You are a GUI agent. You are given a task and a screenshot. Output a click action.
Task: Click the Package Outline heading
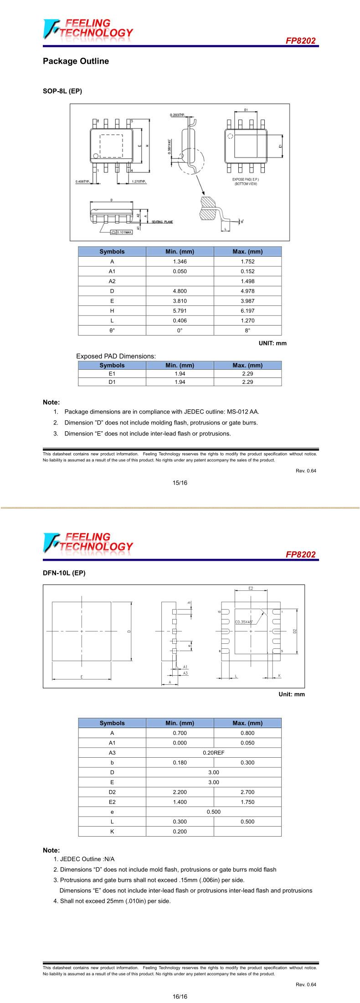tap(76, 61)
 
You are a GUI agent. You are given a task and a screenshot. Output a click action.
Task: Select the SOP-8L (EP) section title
tap(62, 91)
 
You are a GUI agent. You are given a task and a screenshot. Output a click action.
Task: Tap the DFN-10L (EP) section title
tap(64, 573)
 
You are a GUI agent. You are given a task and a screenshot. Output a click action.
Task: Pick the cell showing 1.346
tap(180, 262)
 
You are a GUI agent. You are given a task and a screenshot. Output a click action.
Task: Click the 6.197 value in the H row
tap(247, 311)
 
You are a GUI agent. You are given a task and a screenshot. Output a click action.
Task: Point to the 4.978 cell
tap(247, 291)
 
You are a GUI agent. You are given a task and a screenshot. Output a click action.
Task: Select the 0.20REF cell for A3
tap(213, 753)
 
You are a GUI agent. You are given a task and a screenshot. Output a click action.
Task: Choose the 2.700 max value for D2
tap(247, 792)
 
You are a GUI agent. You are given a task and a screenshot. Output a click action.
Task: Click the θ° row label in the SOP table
tap(112, 331)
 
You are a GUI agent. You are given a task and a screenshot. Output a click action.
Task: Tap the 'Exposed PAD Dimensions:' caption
tap(116, 356)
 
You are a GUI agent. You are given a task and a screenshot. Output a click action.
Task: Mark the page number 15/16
tap(180, 483)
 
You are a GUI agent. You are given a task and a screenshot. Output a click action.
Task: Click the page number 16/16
tap(180, 997)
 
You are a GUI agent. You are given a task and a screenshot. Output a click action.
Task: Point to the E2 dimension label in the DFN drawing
tap(251, 589)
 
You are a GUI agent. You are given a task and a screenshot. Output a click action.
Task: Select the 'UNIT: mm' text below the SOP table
tap(273, 343)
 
